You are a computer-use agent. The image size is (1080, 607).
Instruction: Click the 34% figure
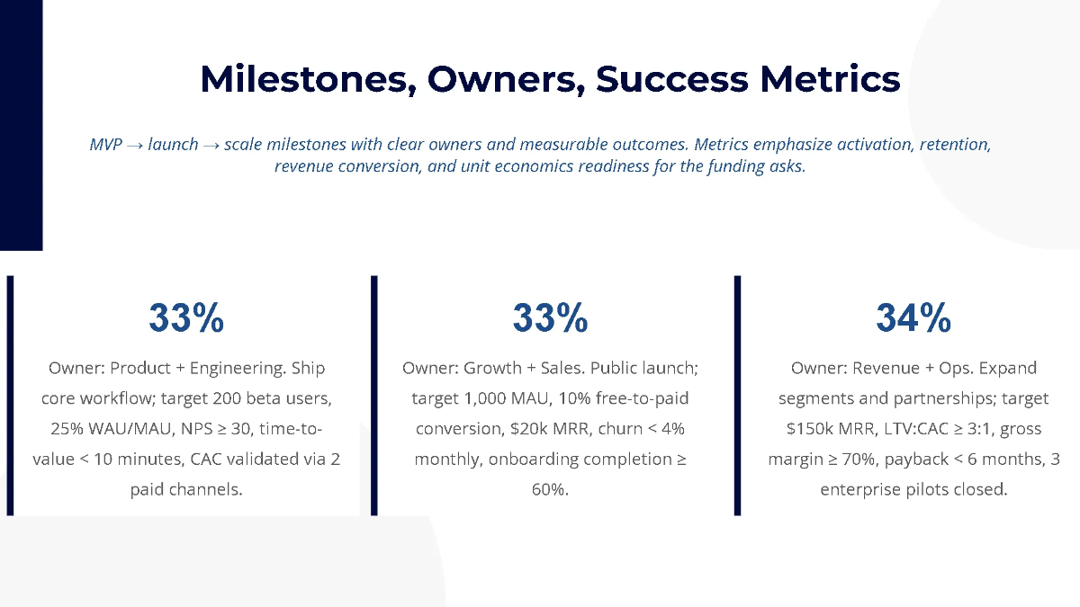913,318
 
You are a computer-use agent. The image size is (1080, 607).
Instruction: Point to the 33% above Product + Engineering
186,318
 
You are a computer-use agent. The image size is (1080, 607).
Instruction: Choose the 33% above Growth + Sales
550,318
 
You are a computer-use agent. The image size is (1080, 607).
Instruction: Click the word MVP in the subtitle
105,145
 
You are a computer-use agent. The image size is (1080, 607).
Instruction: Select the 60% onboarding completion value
550,490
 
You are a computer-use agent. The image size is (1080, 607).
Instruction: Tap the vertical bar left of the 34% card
737,396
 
